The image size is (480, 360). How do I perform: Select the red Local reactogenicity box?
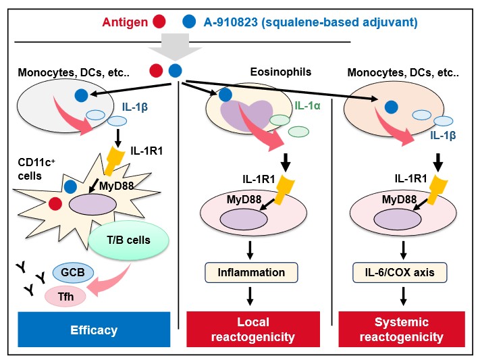pyautogui.click(x=252, y=330)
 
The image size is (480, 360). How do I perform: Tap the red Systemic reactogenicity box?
pyautogui.click(x=402, y=330)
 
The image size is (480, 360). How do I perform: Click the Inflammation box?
pyautogui.click(x=251, y=273)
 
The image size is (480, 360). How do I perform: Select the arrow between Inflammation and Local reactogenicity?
pyautogui.click(x=251, y=296)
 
